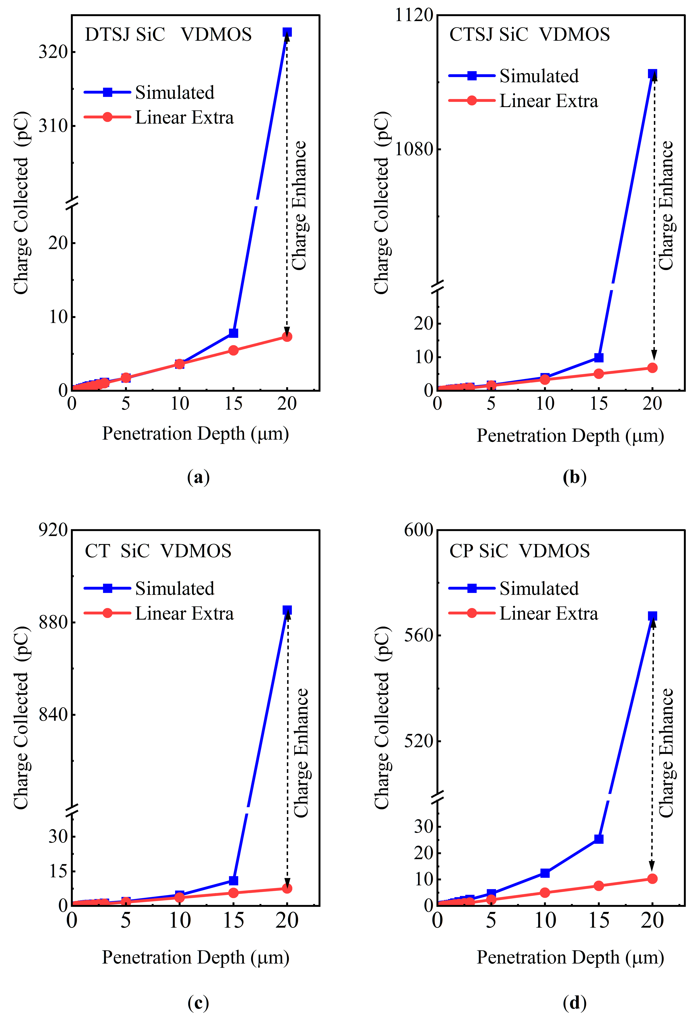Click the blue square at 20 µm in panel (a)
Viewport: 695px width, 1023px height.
[287, 32]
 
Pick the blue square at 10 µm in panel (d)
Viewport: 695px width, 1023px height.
[545, 873]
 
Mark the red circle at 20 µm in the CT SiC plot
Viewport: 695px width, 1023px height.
[287, 888]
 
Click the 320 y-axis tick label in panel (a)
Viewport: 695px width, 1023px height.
[53, 52]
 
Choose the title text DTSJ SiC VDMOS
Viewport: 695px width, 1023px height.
[168, 34]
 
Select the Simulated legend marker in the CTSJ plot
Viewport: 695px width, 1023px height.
[472, 76]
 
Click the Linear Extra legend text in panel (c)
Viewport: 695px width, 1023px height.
[184, 613]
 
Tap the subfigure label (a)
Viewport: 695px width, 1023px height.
[198, 477]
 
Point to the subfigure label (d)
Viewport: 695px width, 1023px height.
[574, 1003]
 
